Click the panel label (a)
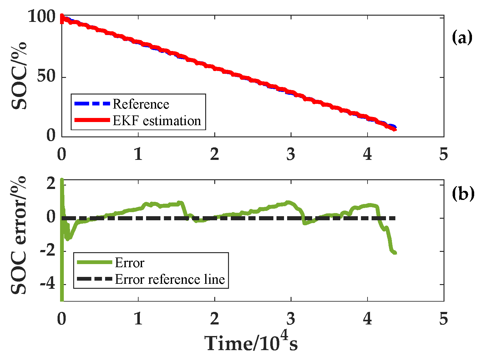point(462,38)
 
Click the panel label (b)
point(463,194)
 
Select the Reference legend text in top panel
point(141,104)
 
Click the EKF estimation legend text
point(157,120)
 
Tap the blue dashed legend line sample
point(92,104)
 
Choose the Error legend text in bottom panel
point(129,263)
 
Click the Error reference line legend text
point(170,279)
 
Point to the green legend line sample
point(94,263)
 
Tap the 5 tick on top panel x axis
point(444,154)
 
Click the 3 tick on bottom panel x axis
point(291,319)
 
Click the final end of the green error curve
point(395,253)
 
